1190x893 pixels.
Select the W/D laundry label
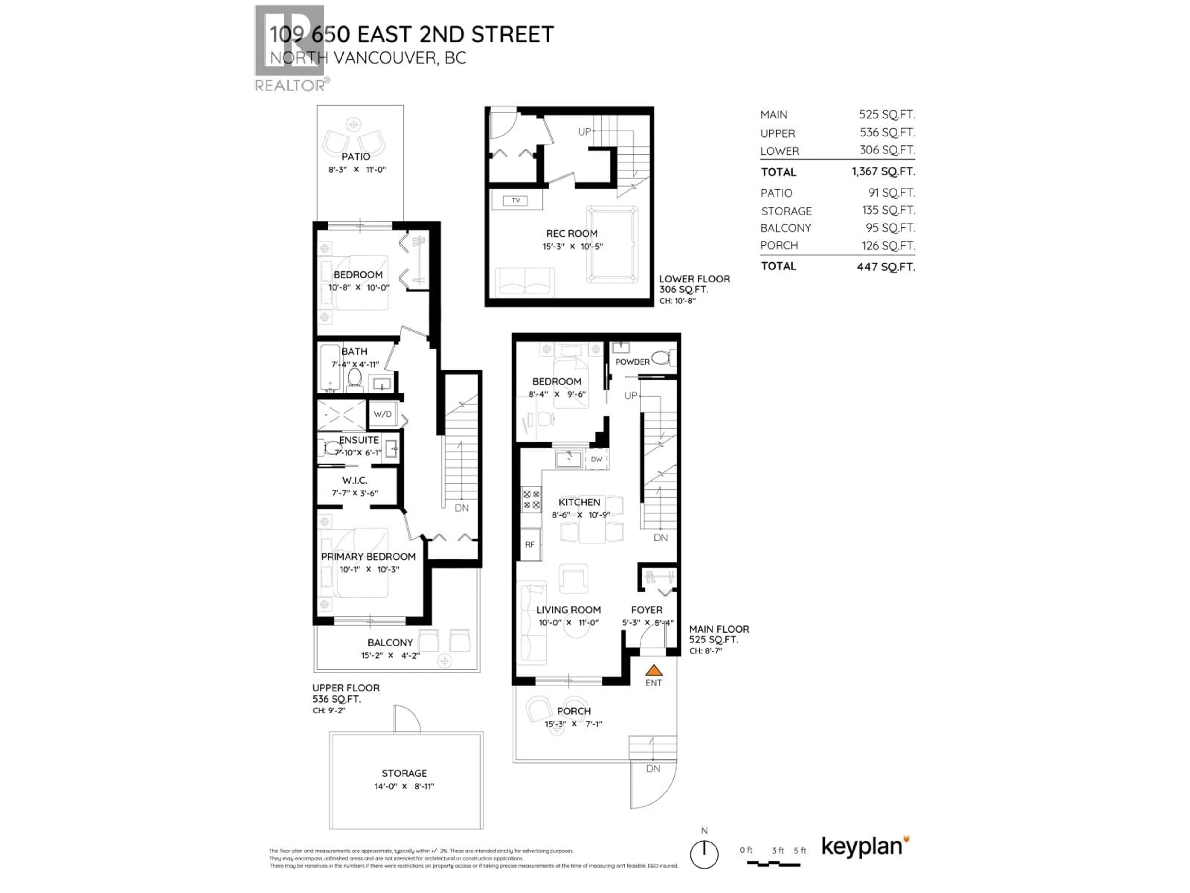(382, 414)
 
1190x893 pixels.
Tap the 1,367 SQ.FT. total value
(883, 172)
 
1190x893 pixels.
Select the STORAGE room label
(404, 773)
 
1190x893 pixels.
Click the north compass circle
(704, 854)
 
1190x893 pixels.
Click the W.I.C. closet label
(355, 480)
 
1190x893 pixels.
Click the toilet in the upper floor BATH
(355, 378)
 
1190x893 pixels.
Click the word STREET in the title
(512, 34)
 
